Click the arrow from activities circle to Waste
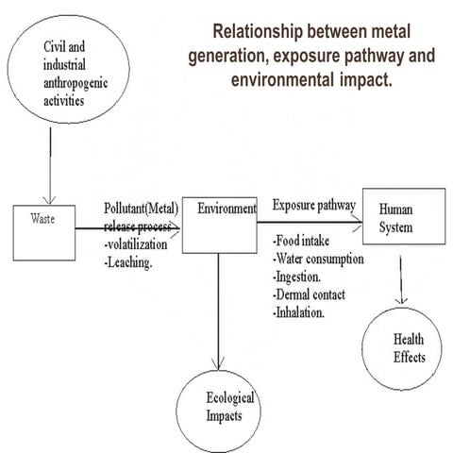tap(46, 170)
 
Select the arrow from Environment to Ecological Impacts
tap(219, 311)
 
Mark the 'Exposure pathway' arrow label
tap(314, 205)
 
